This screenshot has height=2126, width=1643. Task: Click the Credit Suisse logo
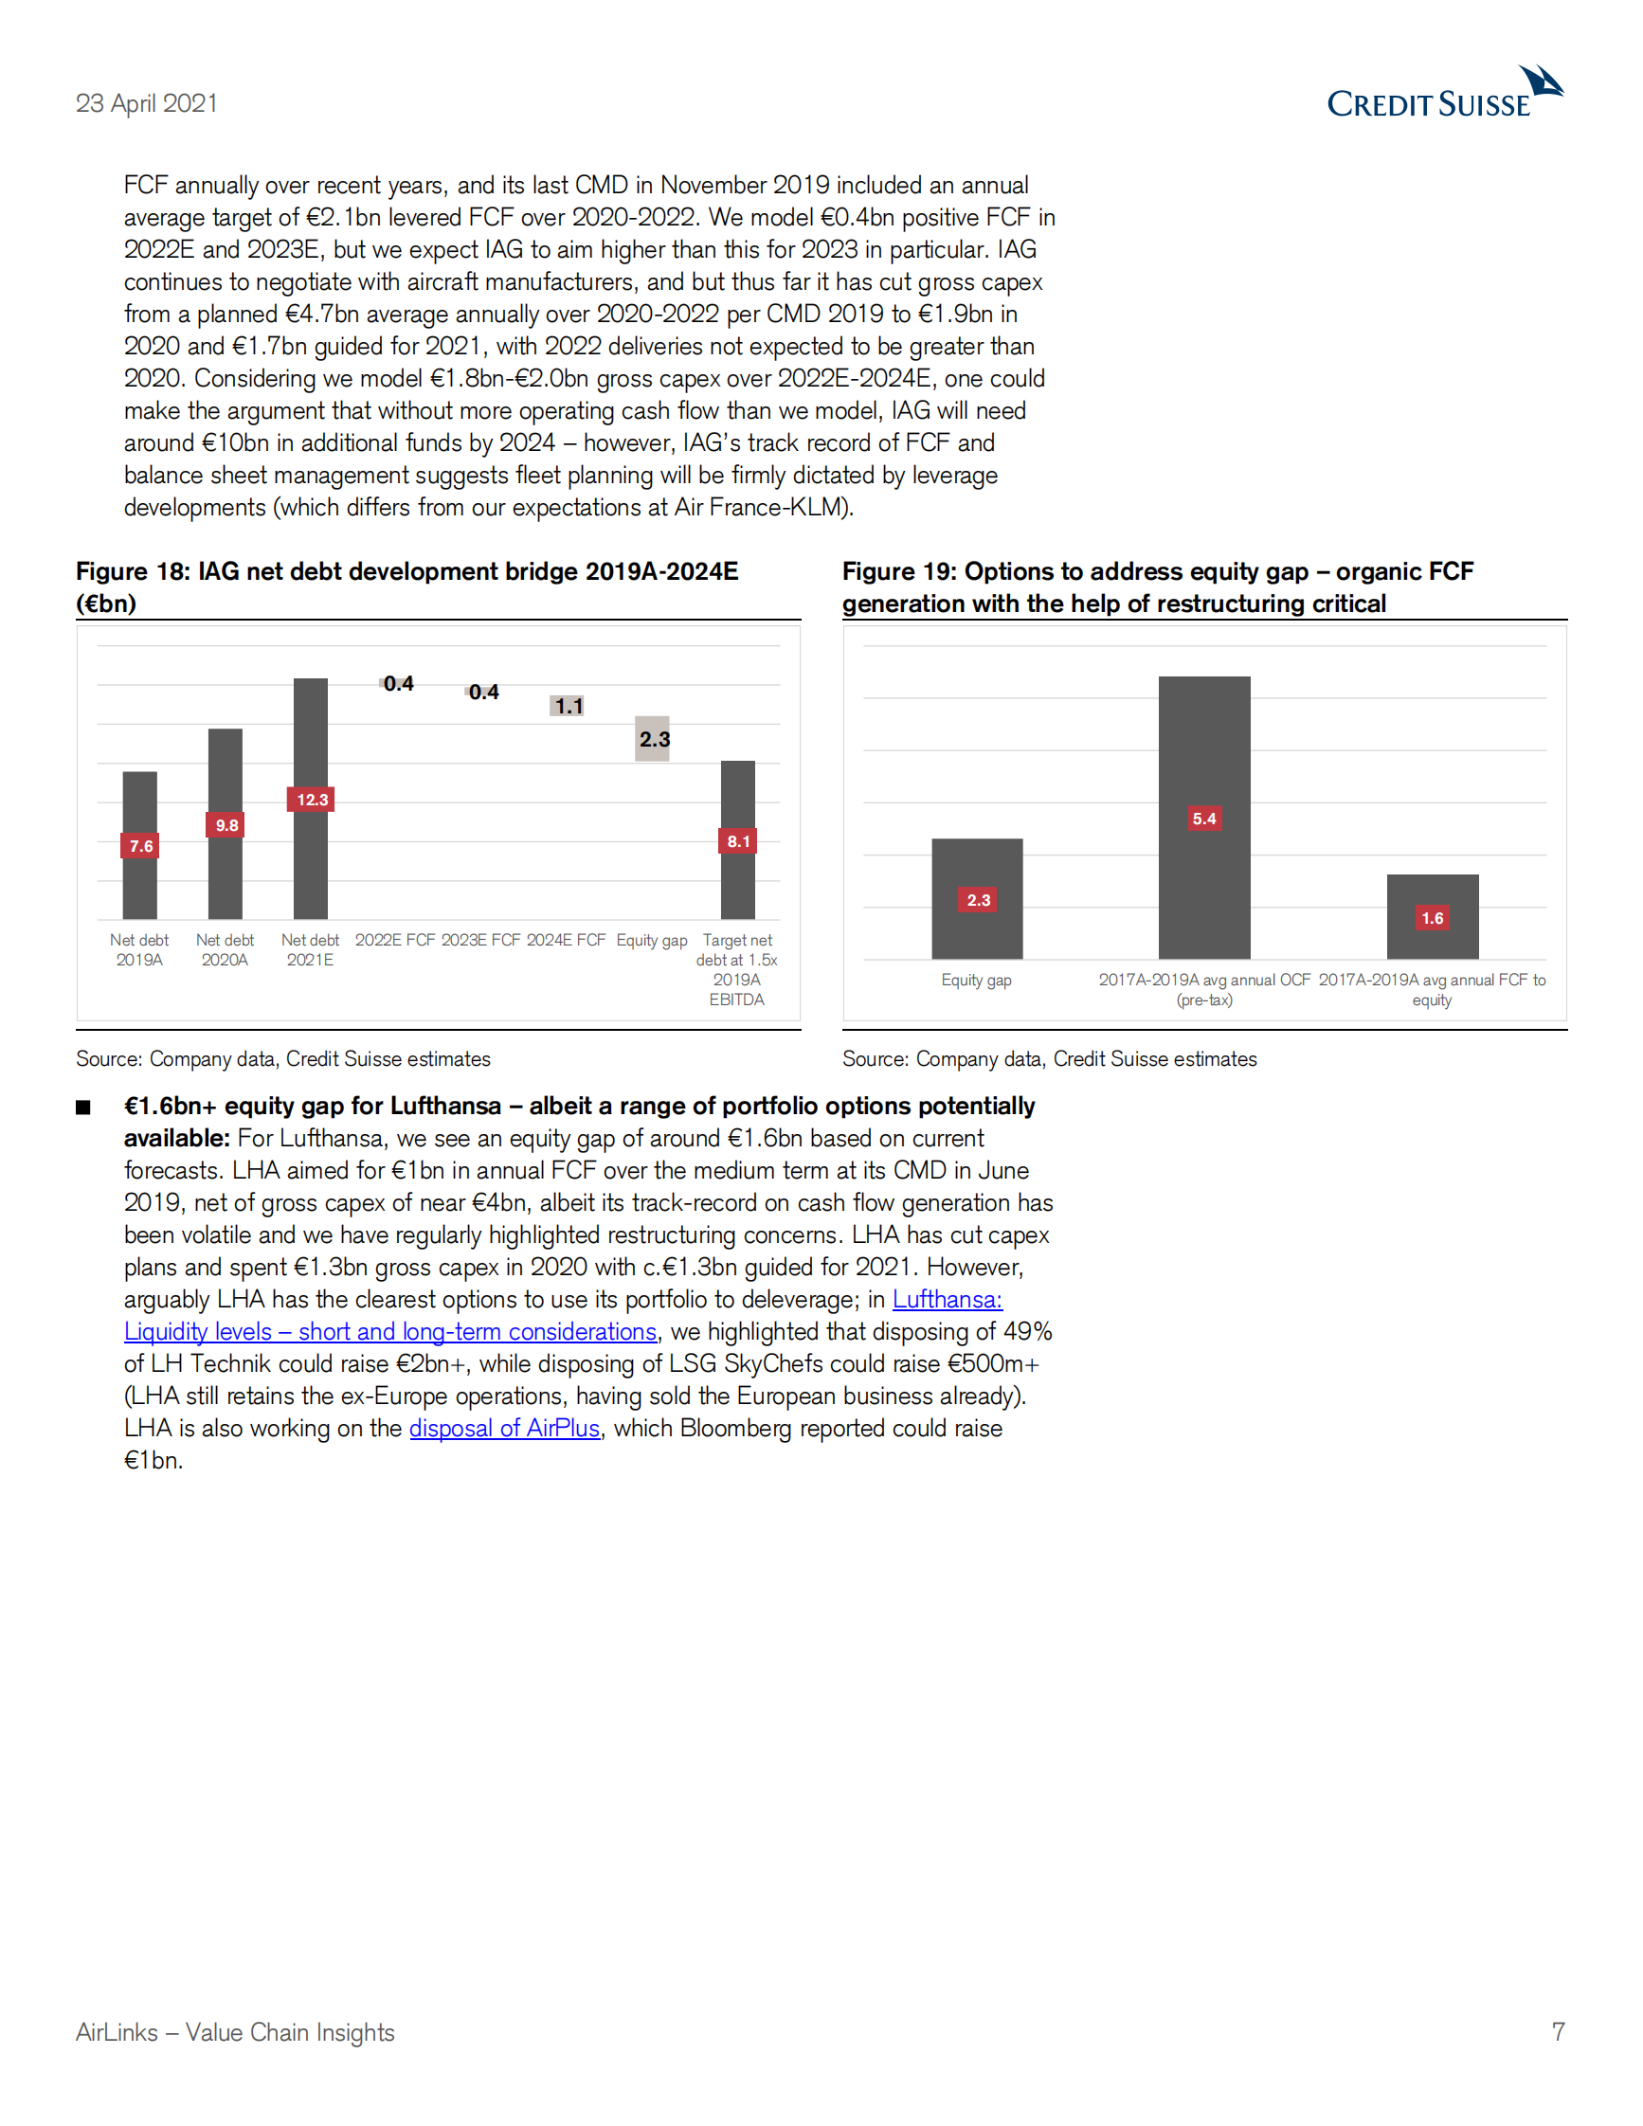tap(1443, 94)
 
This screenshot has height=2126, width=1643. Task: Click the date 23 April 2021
tap(147, 103)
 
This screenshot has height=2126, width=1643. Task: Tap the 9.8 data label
tap(226, 825)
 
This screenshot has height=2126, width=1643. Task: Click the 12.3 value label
tap(312, 800)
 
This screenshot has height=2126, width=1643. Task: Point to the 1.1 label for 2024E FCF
tap(569, 706)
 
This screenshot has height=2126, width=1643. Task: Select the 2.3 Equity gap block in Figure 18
tap(653, 739)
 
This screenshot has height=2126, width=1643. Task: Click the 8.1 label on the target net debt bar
tap(739, 841)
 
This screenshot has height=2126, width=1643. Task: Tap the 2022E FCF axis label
tap(394, 941)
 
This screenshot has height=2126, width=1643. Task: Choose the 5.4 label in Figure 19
tap(1204, 819)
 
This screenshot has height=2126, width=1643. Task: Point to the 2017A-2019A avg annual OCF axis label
tap(1204, 989)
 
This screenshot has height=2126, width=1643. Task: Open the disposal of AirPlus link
tap(504, 1428)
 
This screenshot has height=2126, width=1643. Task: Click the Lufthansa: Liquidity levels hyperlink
tap(389, 1332)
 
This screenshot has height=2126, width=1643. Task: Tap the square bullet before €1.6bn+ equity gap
tap(83, 1108)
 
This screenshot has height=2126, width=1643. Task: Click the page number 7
tap(1559, 2031)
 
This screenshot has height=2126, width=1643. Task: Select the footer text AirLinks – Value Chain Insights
tap(236, 2032)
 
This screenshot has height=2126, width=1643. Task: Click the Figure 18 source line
tap(283, 1059)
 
